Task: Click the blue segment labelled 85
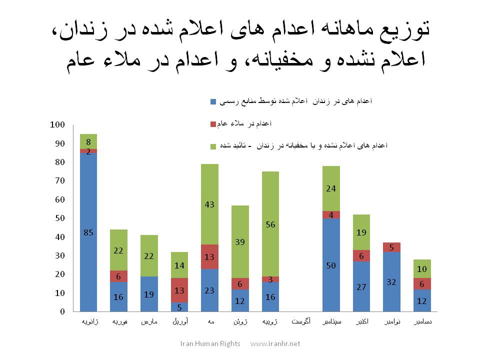pos(88,232)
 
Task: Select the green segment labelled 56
pos(270,224)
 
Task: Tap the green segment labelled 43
pos(210,204)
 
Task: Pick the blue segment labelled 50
pos(331,265)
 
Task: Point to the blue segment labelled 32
pos(392,281)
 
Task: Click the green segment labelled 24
pos(331,189)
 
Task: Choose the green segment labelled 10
pos(422,269)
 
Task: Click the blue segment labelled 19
pos(149,294)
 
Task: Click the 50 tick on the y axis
pos(60,218)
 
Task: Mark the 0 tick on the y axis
pos(62,312)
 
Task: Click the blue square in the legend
pos(213,102)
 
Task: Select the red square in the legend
pos(213,124)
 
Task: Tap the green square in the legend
pos(213,146)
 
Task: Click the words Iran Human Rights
pos(210,343)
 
